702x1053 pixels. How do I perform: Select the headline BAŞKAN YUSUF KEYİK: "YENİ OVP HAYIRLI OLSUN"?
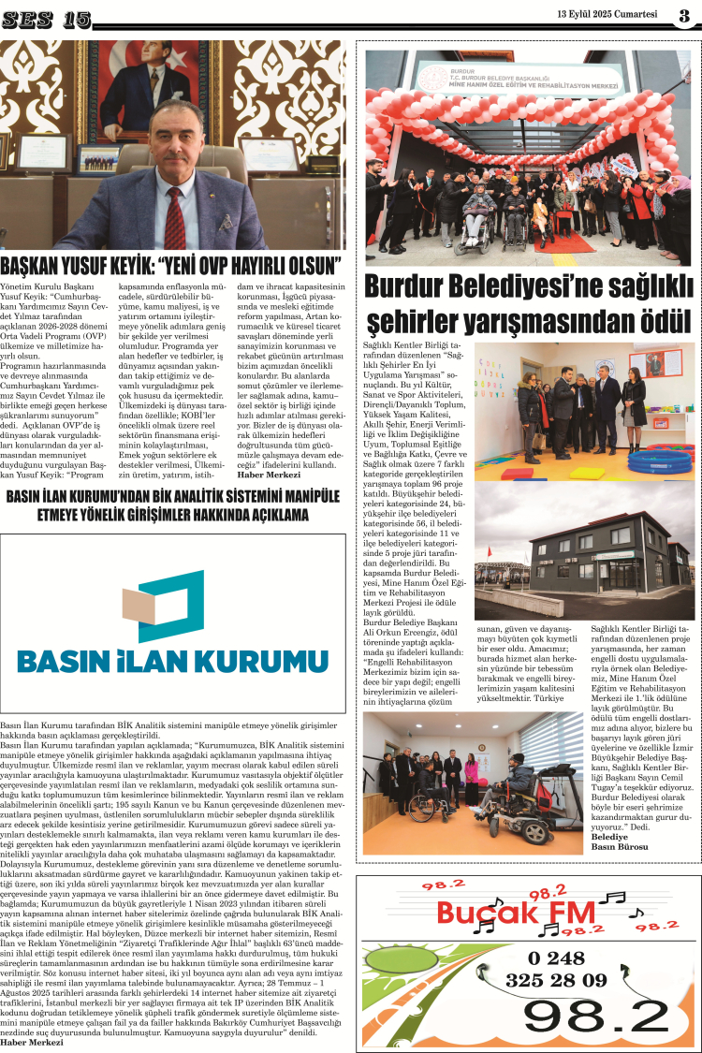170,265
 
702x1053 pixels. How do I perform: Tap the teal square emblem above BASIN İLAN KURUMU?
171,600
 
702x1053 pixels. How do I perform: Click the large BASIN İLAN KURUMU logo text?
172,662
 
